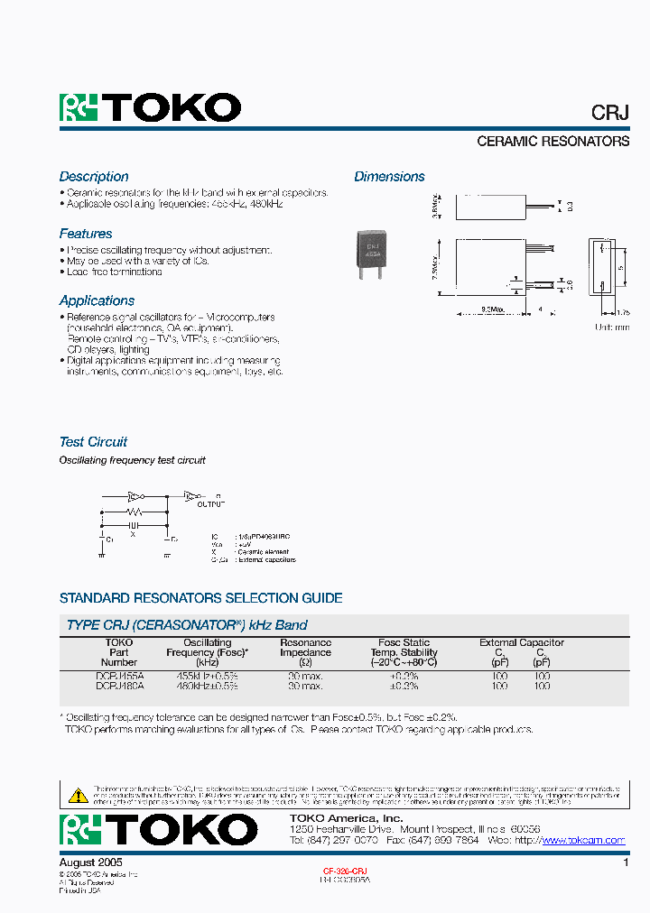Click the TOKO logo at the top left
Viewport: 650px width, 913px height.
(150, 108)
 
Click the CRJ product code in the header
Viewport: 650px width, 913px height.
(609, 113)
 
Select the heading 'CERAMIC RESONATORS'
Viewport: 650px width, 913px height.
(552, 142)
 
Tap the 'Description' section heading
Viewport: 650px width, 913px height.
(94, 177)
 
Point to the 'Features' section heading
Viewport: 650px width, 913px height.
(86, 234)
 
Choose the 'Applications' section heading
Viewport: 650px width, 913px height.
(97, 300)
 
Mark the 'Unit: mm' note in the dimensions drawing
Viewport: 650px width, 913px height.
(612, 327)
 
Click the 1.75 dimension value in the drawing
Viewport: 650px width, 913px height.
(622, 312)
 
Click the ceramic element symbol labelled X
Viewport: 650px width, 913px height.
(133, 525)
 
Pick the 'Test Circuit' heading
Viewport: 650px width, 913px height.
(93, 442)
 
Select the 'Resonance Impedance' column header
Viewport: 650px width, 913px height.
(305, 647)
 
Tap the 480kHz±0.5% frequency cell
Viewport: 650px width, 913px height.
(207, 687)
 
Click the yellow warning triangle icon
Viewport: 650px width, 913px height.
(79, 795)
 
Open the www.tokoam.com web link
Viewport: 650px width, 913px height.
(582, 840)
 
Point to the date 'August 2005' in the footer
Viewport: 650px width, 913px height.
(90, 862)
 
